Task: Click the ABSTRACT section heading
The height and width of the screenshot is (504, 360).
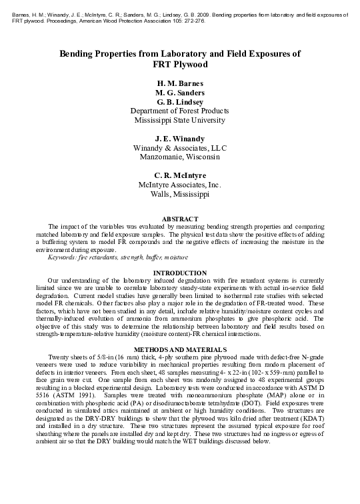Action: [180, 219]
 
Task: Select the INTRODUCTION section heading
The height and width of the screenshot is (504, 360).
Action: [180, 273]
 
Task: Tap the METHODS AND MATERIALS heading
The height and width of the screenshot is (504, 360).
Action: [180, 349]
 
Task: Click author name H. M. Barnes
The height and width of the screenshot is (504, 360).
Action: [180, 83]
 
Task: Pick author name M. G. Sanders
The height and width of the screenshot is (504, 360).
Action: [180, 93]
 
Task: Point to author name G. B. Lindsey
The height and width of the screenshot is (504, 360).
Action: [180, 102]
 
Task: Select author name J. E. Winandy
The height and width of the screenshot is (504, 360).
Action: [180, 139]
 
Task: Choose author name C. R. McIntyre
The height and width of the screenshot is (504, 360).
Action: [180, 175]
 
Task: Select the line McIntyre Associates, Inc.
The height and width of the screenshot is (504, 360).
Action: [180, 185]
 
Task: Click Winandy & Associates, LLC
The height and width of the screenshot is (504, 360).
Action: [180, 148]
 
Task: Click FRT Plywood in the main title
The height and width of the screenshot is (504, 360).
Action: [180, 65]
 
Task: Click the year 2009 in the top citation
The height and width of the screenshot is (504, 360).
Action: [204, 13]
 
